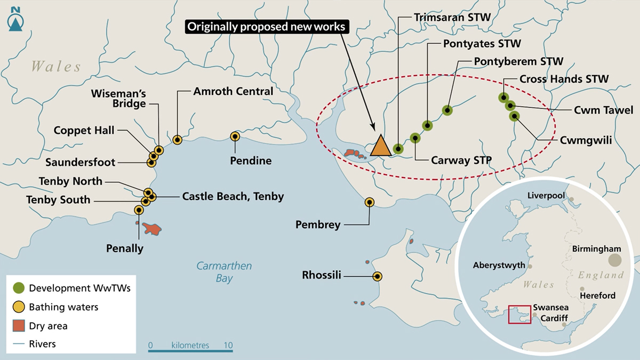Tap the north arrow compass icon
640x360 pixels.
(15, 19)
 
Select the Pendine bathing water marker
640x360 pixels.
(235, 137)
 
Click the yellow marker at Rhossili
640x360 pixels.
(378, 276)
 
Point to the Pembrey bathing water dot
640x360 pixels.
(370, 202)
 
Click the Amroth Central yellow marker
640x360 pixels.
(178, 140)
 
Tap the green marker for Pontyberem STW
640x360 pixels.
(447, 110)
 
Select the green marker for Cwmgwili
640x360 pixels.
(514, 116)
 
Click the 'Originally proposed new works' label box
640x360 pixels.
(267, 27)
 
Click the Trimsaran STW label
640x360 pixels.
(452, 18)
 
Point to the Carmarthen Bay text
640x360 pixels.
(225, 271)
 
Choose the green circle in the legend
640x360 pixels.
(19, 288)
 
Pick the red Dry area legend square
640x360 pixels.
(19, 326)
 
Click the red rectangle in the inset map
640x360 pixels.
(519, 315)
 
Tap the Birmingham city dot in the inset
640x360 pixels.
(615, 260)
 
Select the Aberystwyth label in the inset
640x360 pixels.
(499, 265)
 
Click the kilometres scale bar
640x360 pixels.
(190, 350)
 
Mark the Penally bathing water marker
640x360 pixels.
(139, 210)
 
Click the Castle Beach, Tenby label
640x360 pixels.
(233, 197)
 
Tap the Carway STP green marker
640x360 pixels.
(415, 138)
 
